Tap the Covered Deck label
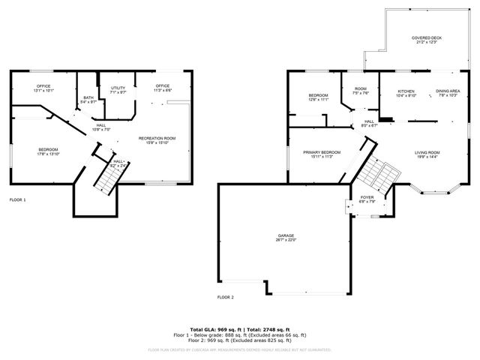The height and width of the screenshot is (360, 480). [426, 40]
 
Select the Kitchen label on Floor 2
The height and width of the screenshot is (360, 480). [406, 94]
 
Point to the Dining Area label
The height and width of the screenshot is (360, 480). [448, 94]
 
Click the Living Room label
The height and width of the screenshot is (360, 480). [428, 154]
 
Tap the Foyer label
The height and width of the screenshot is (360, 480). [367, 199]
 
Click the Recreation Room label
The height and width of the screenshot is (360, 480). [157, 140]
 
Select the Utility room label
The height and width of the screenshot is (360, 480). [118, 90]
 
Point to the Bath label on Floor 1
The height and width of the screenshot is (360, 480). [88, 100]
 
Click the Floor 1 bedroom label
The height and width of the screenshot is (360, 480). [48, 151]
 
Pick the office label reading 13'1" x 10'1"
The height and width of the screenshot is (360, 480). [43, 88]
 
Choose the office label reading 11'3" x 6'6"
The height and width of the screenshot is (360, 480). [163, 88]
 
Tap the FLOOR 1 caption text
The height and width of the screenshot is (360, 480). [17, 200]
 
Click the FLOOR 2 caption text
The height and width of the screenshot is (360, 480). [226, 298]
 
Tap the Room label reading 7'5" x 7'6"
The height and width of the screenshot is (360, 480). [361, 91]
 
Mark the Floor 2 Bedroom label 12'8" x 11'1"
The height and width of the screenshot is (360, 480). [319, 97]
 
